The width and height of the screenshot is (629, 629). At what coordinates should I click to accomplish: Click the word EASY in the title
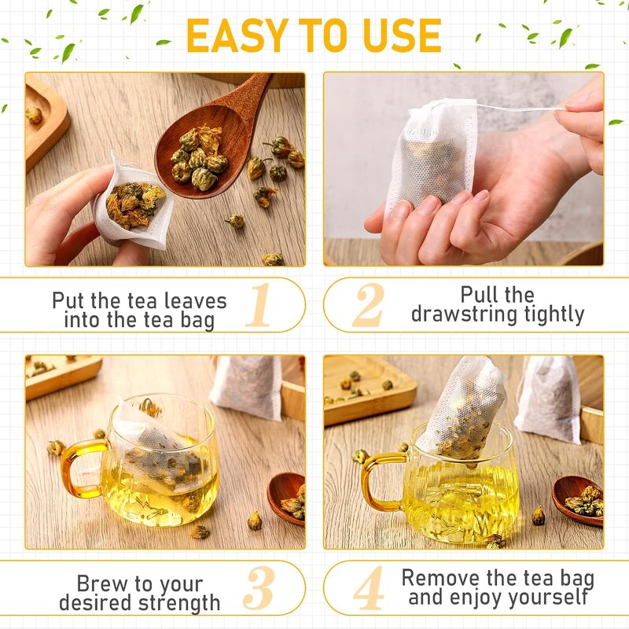(x=232, y=35)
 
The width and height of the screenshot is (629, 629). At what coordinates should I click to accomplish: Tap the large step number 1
(x=259, y=305)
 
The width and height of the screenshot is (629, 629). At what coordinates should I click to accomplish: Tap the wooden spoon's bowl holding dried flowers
(x=197, y=153)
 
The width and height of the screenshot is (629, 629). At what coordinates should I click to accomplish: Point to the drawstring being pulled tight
(x=519, y=108)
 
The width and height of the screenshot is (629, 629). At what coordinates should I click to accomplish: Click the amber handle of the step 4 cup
(x=378, y=480)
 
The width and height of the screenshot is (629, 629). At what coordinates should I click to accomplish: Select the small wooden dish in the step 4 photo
(x=578, y=499)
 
